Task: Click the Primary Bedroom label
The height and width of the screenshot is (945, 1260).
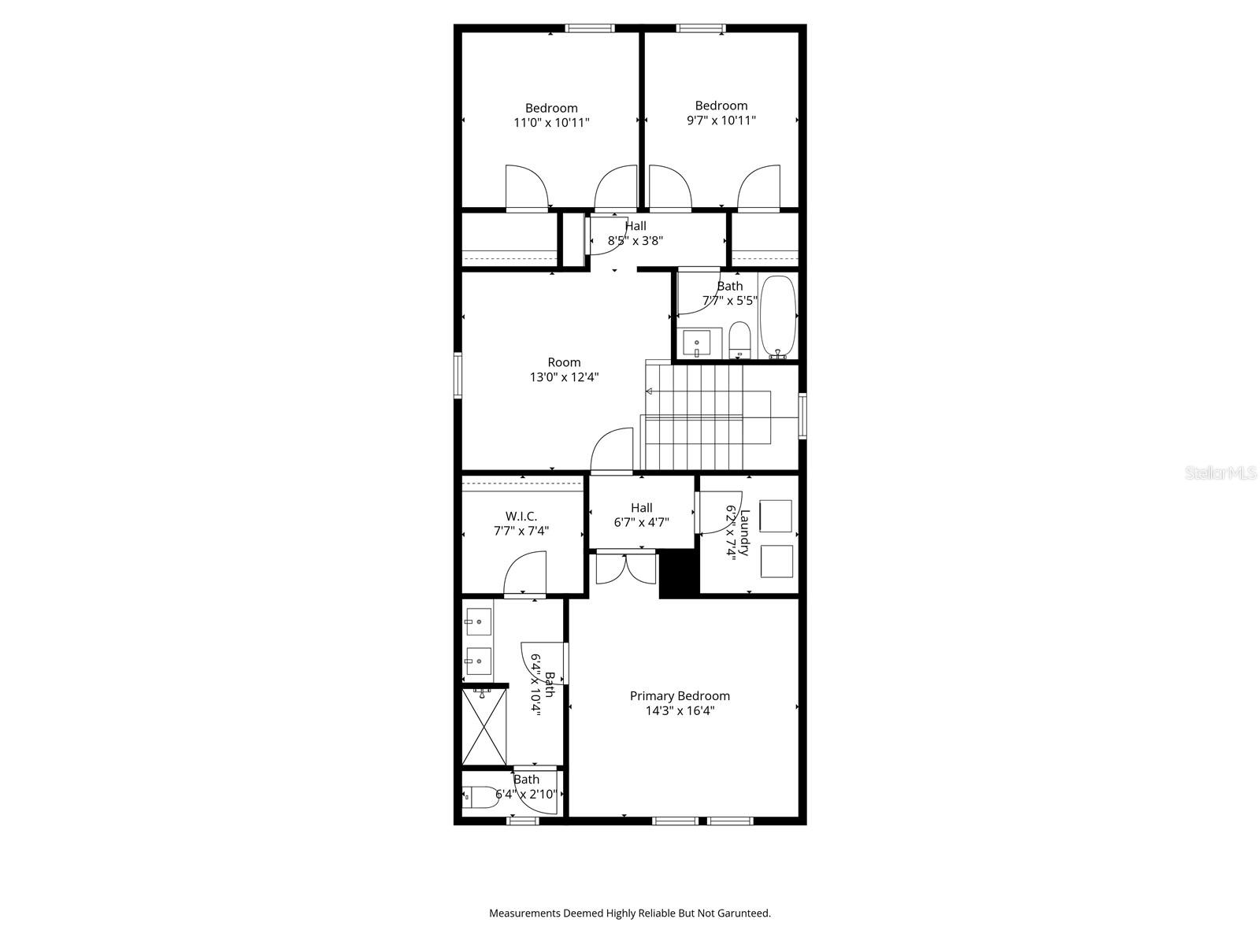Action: pyautogui.click(x=680, y=696)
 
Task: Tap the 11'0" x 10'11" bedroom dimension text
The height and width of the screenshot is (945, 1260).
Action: pyautogui.click(x=551, y=123)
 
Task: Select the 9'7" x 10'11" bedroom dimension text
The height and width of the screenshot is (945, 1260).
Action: pyautogui.click(x=721, y=120)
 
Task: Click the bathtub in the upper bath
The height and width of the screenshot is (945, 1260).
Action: pyautogui.click(x=779, y=317)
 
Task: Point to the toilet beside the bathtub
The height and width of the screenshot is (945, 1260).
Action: pyautogui.click(x=740, y=339)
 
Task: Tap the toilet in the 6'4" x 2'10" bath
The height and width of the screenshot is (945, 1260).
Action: pyautogui.click(x=480, y=798)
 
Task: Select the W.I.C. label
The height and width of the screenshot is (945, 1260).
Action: pyautogui.click(x=521, y=517)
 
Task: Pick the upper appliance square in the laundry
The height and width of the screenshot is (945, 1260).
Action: pyautogui.click(x=776, y=516)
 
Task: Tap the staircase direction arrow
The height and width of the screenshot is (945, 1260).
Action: pyautogui.click(x=650, y=391)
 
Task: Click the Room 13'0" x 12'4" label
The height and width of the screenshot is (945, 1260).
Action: pyautogui.click(x=564, y=369)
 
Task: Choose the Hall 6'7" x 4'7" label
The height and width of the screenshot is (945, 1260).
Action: pyautogui.click(x=641, y=514)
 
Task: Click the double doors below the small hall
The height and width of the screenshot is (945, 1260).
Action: pyautogui.click(x=625, y=569)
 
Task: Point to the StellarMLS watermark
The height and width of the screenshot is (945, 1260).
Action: pyautogui.click(x=1221, y=473)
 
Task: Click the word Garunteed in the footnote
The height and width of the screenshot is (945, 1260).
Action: pyautogui.click(x=744, y=913)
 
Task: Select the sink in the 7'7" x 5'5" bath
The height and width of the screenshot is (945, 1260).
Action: pyautogui.click(x=697, y=343)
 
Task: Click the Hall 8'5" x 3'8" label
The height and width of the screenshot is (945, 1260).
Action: pyautogui.click(x=635, y=233)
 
